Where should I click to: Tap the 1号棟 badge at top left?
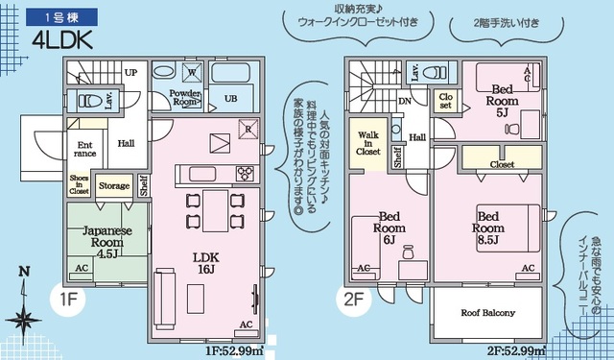49,16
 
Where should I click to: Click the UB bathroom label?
230,99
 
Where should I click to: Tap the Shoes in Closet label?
79,184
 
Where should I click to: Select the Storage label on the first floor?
114,185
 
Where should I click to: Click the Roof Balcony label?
487,313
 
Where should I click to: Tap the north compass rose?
23,312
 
